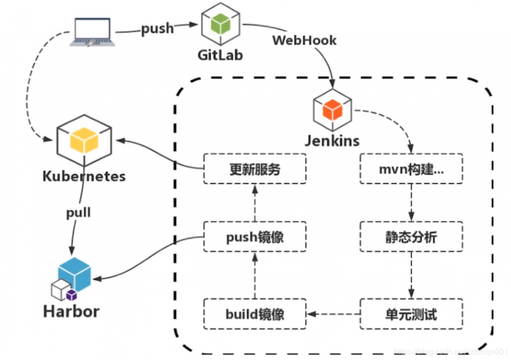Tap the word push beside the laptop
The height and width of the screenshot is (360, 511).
coord(157,29)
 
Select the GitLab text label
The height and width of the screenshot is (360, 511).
coord(220,55)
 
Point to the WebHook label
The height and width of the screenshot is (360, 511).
coord(305,40)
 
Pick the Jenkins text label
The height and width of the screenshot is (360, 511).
coord(333,140)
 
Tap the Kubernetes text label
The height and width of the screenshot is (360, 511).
coord(84,177)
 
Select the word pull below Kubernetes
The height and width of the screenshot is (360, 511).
coord(78,212)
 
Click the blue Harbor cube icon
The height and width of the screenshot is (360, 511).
coord(75,274)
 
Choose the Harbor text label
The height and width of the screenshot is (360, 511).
coord(72,311)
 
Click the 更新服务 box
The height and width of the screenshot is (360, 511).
coord(254,169)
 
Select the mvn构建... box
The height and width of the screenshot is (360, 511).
coord(411,169)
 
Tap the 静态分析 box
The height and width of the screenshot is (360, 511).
coord(411,236)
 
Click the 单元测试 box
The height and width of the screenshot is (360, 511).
coord(411,314)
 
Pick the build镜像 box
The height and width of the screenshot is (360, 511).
coord(254,314)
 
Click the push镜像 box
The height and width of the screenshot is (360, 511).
coord(254,236)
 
